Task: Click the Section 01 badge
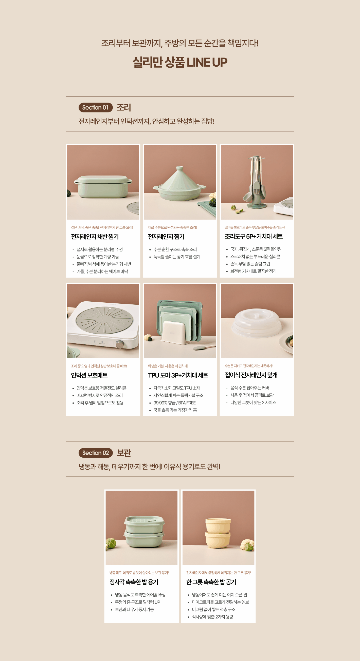pos(96,108)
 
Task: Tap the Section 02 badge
pos(96,453)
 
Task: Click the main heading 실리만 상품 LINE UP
pos(180,62)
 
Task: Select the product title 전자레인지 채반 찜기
pos(95,237)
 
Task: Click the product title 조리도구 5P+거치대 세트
pos(254,236)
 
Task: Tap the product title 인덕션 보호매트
pos(89,375)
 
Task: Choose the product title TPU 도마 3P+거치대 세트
pos(178,375)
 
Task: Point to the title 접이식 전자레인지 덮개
pos(251,375)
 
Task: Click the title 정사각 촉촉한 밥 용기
pos(134,582)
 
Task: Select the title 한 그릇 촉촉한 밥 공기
pos(211,582)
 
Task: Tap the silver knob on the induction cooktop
pos(119,344)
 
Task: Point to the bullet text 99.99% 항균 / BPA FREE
pos(175,403)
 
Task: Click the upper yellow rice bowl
pos(218,525)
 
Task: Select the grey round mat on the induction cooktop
pos(104,320)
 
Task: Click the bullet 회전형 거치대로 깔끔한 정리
pos(253,271)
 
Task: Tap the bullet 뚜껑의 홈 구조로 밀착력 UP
pos(137,602)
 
